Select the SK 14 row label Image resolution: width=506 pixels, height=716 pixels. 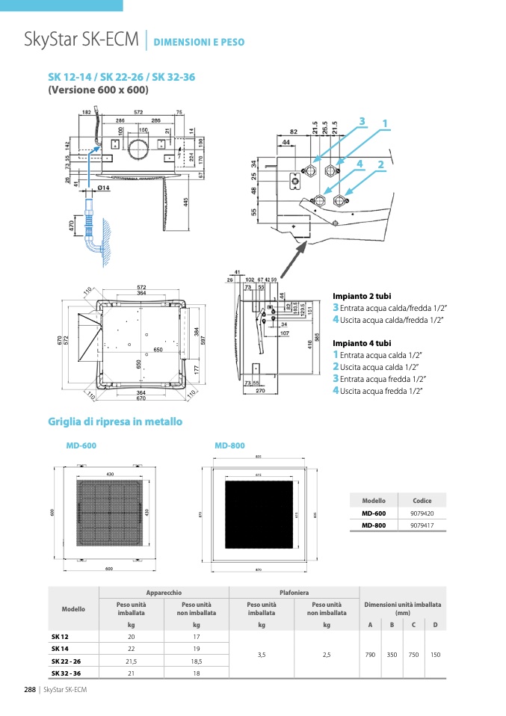tap(61, 649)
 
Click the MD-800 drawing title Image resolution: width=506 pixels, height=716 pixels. tap(229, 445)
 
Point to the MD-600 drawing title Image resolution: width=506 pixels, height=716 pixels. tap(81, 445)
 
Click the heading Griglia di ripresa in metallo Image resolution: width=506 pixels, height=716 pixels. tap(115, 422)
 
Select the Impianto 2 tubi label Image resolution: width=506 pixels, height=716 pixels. tap(362, 297)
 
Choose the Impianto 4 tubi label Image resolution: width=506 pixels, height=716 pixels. tap(362, 343)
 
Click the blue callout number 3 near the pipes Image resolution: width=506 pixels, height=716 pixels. tap(361, 121)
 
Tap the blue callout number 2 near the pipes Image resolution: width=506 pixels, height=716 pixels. tap(380, 164)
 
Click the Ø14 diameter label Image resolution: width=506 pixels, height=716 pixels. tap(103, 188)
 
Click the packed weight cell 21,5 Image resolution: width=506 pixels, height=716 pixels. tap(131, 661)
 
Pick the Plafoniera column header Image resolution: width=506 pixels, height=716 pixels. tap(294, 592)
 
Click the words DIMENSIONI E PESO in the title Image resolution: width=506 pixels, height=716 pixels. tap(199, 43)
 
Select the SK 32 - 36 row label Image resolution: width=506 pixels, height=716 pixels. tap(66, 673)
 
